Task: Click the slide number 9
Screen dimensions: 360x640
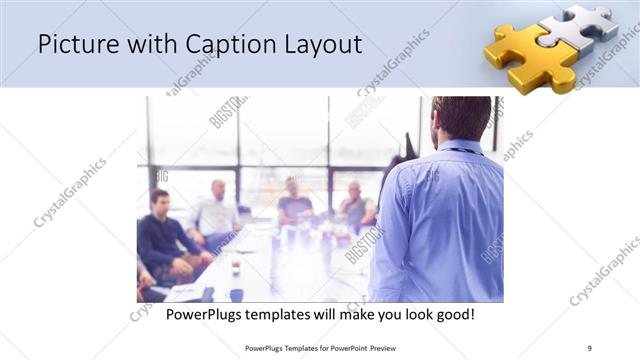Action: pyautogui.click(x=589, y=347)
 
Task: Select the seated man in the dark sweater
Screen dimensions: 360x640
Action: pyautogui.click(x=163, y=235)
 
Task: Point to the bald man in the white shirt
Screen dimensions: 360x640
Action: pyautogui.click(x=217, y=210)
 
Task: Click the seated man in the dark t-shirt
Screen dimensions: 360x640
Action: pyautogui.click(x=294, y=200)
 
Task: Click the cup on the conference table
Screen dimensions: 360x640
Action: pyautogui.click(x=234, y=269)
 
